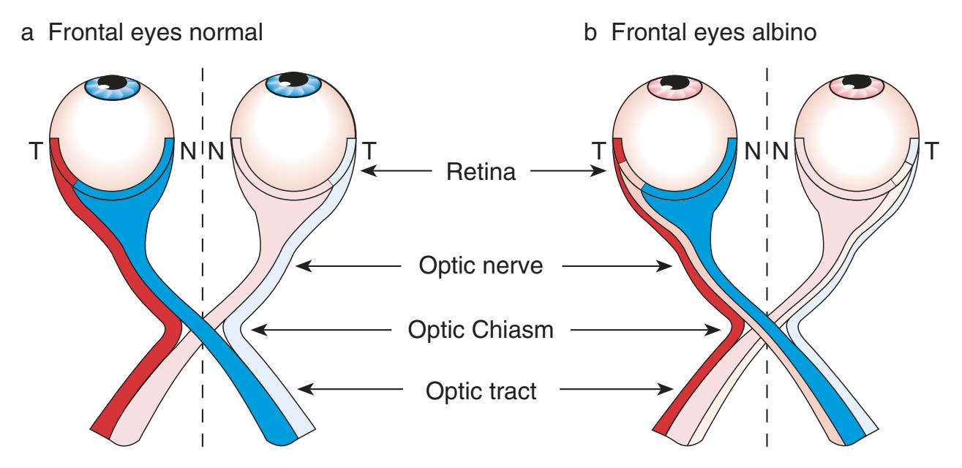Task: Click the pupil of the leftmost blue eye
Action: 112,82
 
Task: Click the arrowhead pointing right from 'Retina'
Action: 604,173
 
